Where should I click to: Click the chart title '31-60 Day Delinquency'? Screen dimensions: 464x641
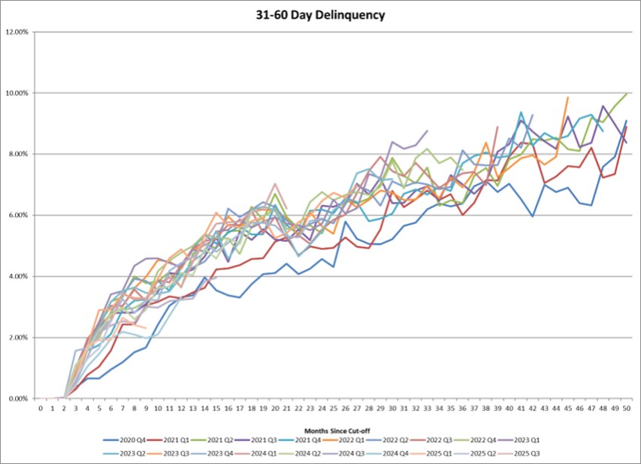[x=320, y=15]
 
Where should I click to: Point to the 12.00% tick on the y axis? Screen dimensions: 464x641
[x=18, y=32]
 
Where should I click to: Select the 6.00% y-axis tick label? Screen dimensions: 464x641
[x=18, y=215]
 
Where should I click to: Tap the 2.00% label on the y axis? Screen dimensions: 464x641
[x=18, y=338]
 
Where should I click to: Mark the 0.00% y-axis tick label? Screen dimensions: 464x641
[x=18, y=399]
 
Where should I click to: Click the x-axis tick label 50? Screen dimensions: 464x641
[x=626, y=408]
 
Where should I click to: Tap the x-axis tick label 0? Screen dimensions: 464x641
[x=41, y=408]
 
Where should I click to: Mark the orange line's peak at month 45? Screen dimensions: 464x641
[x=567, y=98]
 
